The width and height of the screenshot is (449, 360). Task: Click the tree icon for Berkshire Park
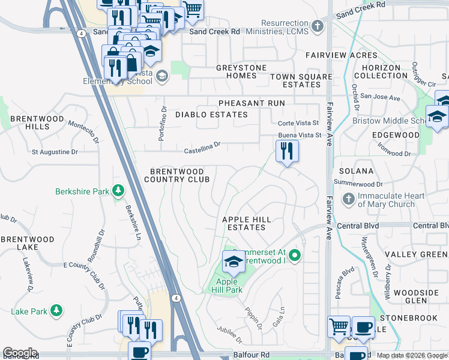pyautogui.click(x=118, y=191)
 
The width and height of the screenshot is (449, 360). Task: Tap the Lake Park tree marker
pyautogui.click(x=56, y=310)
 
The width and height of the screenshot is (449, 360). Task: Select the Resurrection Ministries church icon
pyautogui.click(x=318, y=26)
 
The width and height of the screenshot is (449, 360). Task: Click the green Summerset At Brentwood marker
pyautogui.click(x=294, y=256)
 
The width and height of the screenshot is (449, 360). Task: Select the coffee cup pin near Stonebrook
pyautogui.click(x=363, y=326)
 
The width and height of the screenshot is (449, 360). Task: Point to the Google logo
pyautogui.click(x=20, y=353)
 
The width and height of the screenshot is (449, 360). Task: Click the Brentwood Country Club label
pyautogui.click(x=177, y=175)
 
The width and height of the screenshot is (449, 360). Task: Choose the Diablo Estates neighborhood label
pyautogui.click(x=211, y=114)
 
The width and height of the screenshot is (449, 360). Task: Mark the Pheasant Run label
pyautogui.click(x=252, y=103)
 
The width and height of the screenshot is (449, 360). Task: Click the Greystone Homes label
pyautogui.click(x=241, y=72)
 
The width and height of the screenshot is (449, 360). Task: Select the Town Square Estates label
pyautogui.click(x=301, y=80)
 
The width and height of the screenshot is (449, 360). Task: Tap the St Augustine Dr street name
pyautogui.click(x=55, y=152)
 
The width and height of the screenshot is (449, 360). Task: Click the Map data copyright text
pyautogui.click(x=412, y=355)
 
